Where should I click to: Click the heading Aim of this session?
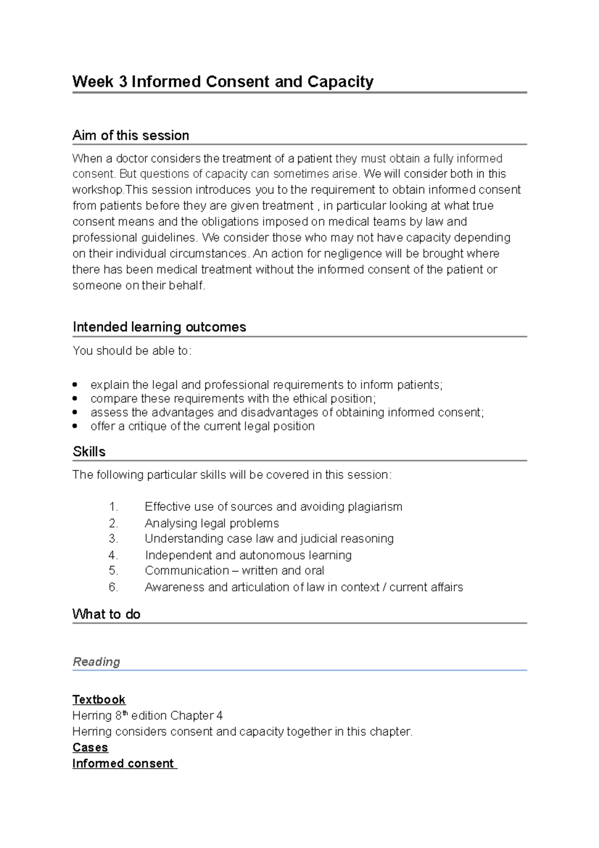point(130,135)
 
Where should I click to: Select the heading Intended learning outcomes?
point(159,327)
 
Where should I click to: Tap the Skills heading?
point(89,451)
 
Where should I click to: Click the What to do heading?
point(106,614)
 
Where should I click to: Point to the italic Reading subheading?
point(96,662)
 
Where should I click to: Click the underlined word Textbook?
point(99,699)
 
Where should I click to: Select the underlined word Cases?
point(90,747)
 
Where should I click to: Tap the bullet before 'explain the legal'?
point(75,385)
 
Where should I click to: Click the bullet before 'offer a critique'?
point(75,426)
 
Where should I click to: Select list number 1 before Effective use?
point(113,507)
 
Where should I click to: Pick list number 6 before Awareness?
point(113,587)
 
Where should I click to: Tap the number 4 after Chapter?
point(219,716)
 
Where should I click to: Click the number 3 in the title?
point(123,81)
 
